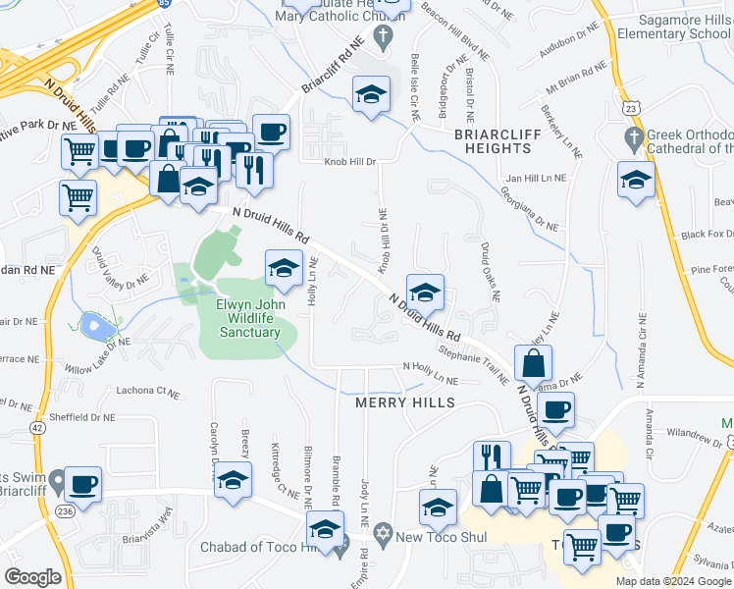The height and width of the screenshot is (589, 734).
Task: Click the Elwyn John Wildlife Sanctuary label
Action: coord(247,318)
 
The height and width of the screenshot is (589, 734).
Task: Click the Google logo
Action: coord(32,577)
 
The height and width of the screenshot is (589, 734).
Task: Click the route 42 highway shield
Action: coord(37,427)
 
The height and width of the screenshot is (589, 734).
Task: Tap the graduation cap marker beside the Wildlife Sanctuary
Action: coord(283,267)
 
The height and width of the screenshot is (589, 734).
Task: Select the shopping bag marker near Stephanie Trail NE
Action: coord(532,363)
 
